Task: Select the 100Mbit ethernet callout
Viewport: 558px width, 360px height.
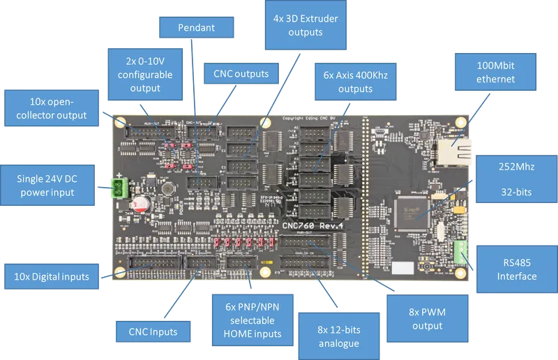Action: tap(495, 73)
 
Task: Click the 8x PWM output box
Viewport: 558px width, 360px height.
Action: tap(417, 319)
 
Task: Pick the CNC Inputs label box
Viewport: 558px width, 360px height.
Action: tap(155, 331)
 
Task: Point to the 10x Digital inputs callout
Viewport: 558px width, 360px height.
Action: tap(51, 277)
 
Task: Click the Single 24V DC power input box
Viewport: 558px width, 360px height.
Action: tap(47, 185)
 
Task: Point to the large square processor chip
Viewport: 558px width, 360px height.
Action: tap(413, 211)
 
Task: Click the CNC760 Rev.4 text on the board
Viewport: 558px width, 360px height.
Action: tap(312, 227)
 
